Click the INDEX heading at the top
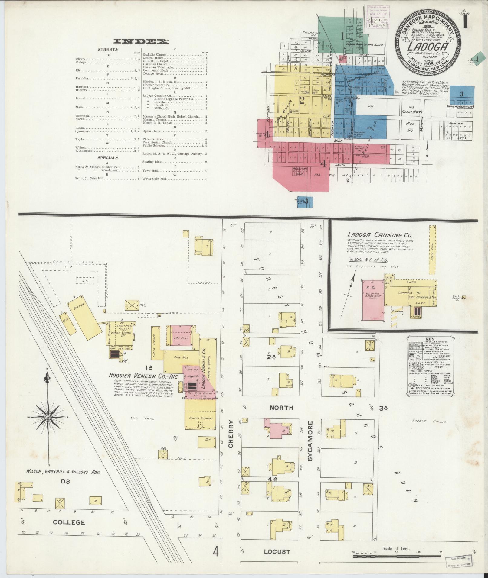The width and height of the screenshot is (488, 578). tap(141, 42)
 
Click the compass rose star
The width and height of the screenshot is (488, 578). tap(48, 417)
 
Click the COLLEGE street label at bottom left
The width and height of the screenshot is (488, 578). tap(69, 522)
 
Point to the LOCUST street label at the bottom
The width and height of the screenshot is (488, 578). tap(277, 552)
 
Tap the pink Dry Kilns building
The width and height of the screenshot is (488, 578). tap(181, 335)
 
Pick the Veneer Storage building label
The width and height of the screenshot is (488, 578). tap(201, 418)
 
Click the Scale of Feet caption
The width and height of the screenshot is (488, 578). tap(396, 548)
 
